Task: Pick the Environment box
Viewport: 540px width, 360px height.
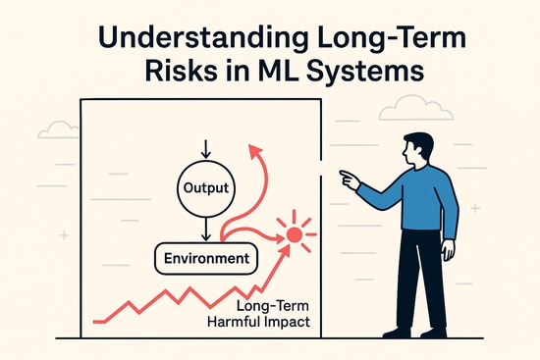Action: coord(204,260)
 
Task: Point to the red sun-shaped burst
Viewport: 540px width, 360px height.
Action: coord(294,234)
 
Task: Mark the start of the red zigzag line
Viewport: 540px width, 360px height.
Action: coord(94,319)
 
